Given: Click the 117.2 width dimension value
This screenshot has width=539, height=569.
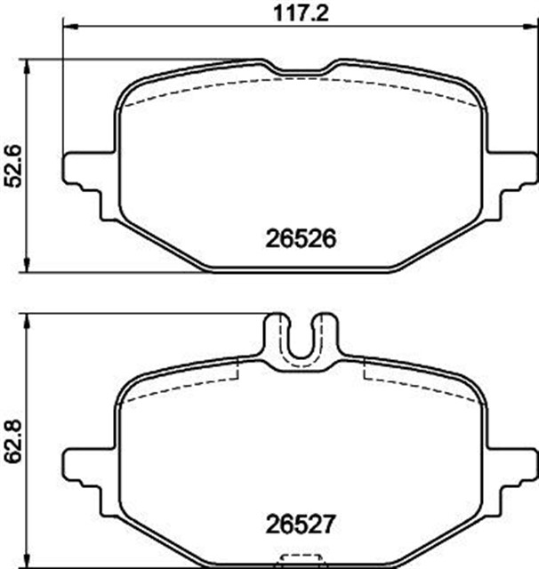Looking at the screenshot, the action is click(301, 13).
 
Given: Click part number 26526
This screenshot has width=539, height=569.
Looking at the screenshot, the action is click(301, 239).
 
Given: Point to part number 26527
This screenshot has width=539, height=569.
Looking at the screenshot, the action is click(300, 525).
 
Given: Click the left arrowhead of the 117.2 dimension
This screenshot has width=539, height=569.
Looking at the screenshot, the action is click(70, 27).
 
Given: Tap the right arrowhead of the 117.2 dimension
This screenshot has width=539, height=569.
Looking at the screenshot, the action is click(529, 27).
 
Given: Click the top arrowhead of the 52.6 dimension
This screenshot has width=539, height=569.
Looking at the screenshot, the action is click(27, 68).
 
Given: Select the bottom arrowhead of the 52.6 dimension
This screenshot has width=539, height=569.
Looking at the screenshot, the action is click(27, 264).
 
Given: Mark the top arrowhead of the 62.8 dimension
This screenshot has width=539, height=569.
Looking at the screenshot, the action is click(27, 322).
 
